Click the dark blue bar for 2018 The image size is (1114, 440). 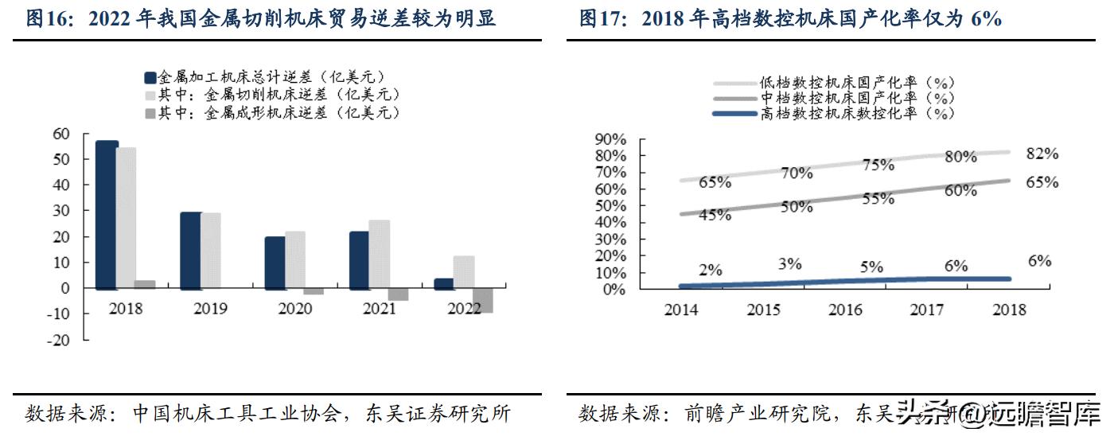click(x=107, y=215)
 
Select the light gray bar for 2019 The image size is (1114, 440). click(x=211, y=250)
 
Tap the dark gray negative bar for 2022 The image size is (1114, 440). click(x=482, y=300)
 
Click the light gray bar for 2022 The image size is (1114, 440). click(x=464, y=272)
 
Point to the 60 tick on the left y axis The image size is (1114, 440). click(x=60, y=134)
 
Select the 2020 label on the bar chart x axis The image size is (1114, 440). click(x=295, y=309)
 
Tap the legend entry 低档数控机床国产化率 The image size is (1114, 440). click(x=855, y=82)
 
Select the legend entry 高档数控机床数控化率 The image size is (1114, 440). click(x=855, y=113)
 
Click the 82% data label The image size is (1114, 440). click(x=1042, y=154)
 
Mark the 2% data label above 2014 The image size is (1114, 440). click(x=711, y=270)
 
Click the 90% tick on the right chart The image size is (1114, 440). click(x=610, y=139)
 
